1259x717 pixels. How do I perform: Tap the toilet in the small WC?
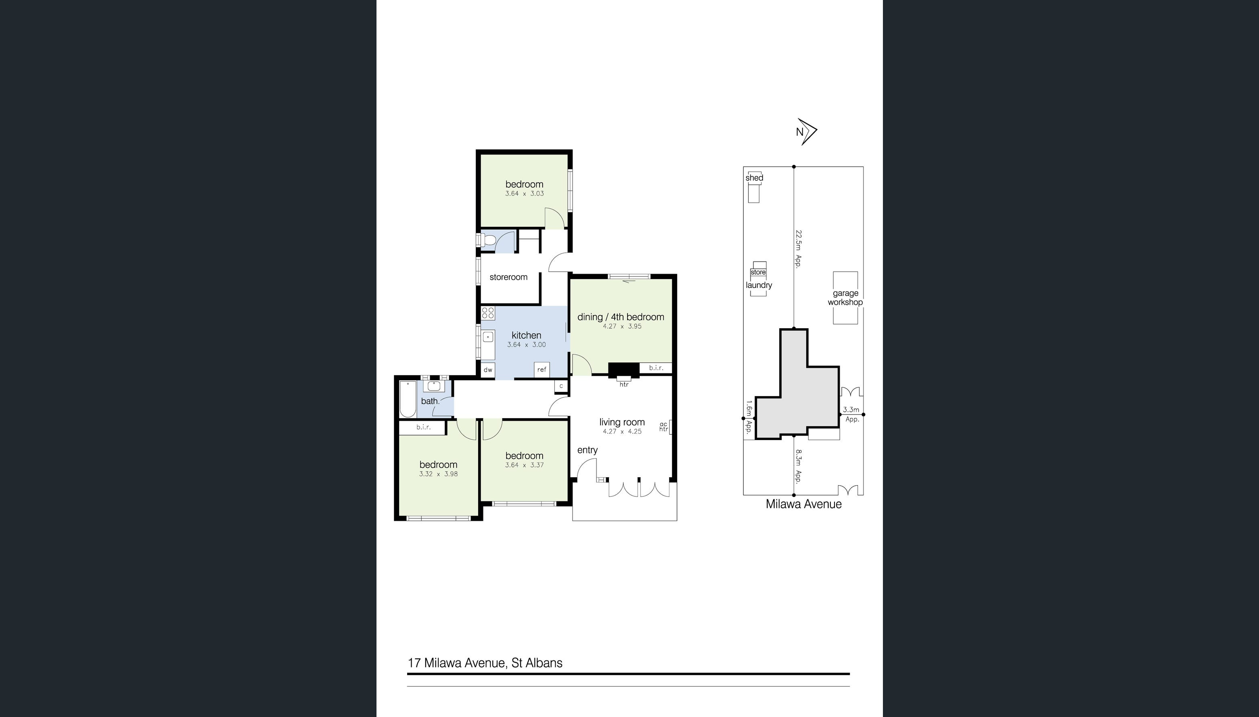click(488, 240)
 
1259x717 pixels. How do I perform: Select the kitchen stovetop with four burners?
click(488, 313)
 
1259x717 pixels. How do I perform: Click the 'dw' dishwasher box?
click(488, 370)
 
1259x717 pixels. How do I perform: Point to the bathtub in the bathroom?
click(408, 399)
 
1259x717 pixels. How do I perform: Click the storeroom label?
click(508, 277)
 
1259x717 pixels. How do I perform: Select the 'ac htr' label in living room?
click(663, 426)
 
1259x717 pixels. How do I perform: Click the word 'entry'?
click(587, 450)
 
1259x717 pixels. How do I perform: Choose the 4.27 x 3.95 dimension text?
click(622, 326)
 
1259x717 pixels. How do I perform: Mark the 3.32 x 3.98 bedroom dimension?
click(438, 474)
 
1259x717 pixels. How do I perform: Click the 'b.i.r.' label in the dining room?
click(656, 368)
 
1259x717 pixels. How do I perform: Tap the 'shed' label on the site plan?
click(754, 178)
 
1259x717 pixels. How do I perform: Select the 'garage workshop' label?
click(845, 298)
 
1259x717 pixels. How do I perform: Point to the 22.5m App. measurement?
click(798, 248)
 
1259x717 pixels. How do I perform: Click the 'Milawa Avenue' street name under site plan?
click(803, 504)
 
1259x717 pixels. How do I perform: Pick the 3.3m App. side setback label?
click(851, 415)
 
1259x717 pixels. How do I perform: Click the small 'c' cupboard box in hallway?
click(561, 386)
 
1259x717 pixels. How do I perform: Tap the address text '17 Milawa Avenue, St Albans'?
click(485, 663)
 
